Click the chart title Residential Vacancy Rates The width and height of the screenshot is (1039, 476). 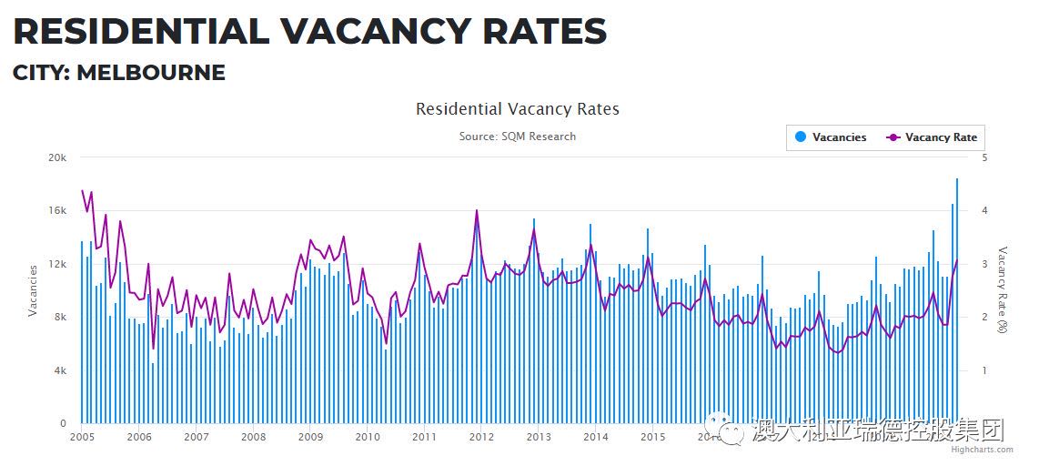click(517, 109)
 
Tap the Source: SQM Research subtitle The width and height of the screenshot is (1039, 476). click(517, 137)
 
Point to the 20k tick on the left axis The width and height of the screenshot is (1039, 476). click(57, 157)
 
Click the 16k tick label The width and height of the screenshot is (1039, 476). click(57, 210)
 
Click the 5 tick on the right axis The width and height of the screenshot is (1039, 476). click(985, 157)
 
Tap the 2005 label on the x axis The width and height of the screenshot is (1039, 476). click(82, 437)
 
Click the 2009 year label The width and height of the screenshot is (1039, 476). click(310, 437)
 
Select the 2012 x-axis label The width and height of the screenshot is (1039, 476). click(481, 437)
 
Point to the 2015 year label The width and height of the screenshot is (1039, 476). click(652, 437)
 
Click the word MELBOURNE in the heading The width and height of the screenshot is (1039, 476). click(151, 73)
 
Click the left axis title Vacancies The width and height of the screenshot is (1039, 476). click(34, 290)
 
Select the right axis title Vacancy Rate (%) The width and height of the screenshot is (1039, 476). click(1004, 289)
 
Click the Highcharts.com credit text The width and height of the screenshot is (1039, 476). click(981, 449)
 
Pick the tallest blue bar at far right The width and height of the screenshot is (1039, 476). click(957, 300)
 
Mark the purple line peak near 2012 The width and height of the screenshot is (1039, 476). click(477, 211)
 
